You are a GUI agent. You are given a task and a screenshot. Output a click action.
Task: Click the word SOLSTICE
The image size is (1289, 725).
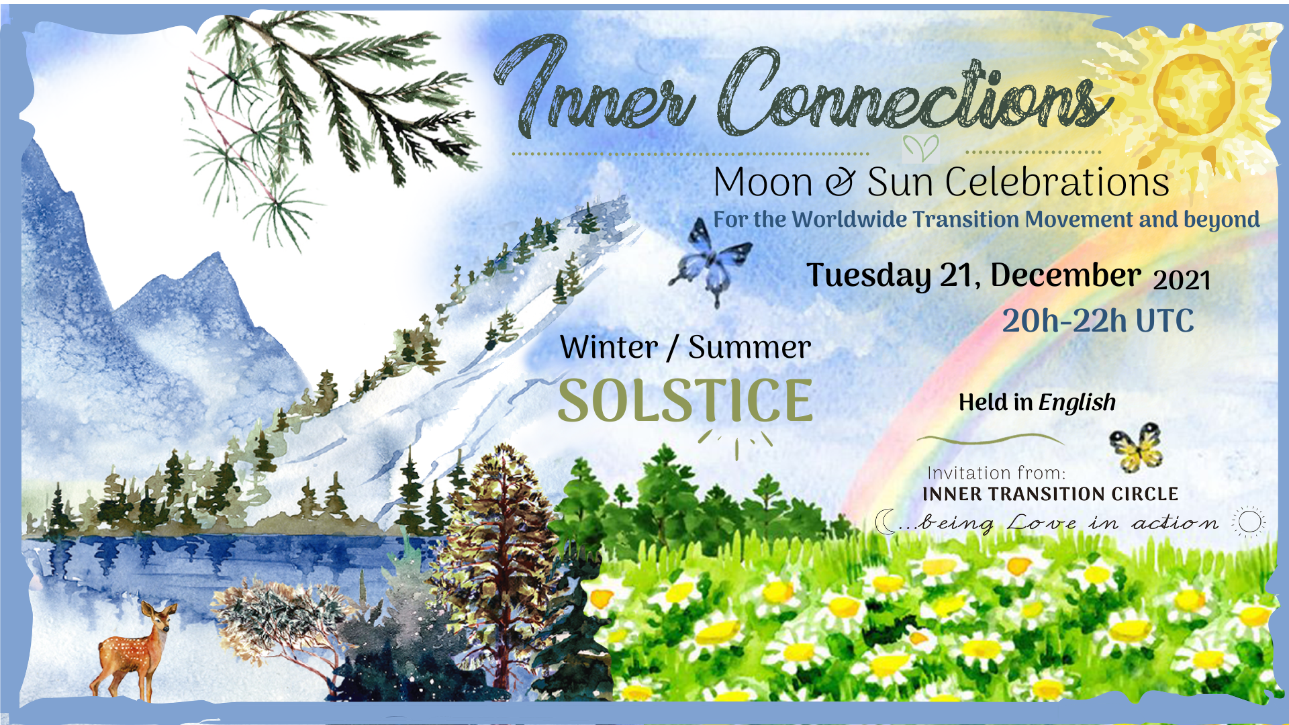pyautogui.click(x=685, y=401)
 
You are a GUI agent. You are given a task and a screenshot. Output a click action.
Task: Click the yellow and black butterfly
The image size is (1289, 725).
pyautogui.click(x=1136, y=448)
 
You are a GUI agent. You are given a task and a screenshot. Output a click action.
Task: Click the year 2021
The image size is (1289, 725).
pyautogui.click(x=1182, y=280)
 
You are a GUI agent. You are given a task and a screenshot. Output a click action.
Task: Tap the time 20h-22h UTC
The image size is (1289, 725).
pyautogui.click(x=1098, y=321)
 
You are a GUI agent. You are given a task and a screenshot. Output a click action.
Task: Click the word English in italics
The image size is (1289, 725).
pyautogui.click(x=1077, y=403)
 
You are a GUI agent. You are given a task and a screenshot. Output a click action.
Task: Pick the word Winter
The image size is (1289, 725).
pyautogui.click(x=609, y=348)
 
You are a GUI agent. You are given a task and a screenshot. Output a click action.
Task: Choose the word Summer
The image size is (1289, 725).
pyautogui.click(x=750, y=348)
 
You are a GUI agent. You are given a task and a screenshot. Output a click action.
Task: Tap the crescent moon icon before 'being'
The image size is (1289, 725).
pyautogui.click(x=886, y=522)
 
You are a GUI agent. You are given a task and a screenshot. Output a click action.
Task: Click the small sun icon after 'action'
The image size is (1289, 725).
pyautogui.click(x=1249, y=522)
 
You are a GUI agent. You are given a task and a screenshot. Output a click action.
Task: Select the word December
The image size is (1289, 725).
pyautogui.click(x=1065, y=275)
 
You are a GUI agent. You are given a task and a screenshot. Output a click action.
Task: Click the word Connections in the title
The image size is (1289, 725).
pyautogui.click(x=916, y=94)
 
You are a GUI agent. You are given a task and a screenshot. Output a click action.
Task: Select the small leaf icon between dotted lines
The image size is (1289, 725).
pyautogui.click(x=920, y=148)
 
